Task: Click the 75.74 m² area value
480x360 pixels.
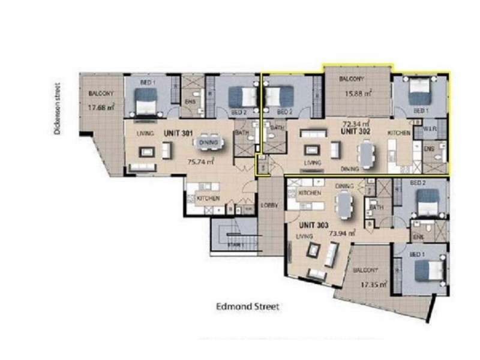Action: pos(201,161)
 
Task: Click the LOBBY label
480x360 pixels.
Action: pos(269,205)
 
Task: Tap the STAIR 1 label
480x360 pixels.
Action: pos(236,245)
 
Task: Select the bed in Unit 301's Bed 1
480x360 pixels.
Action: pos(145,100)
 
